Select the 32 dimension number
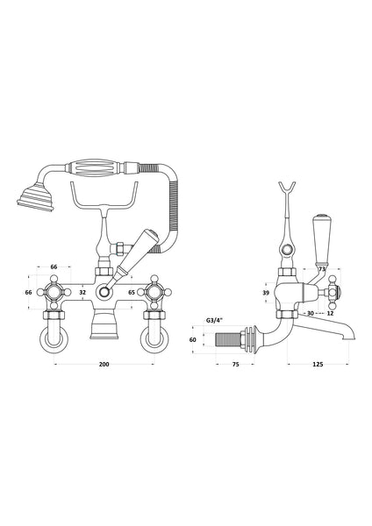[82, 292]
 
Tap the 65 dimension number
[132, 292]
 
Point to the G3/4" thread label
[213, 322]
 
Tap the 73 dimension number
[321, 270]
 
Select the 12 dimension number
[329, 313]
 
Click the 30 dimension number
[309, 313]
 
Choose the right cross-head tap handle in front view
[157, 292]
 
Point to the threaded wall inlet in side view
[231, 339]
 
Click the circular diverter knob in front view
[105, 292]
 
